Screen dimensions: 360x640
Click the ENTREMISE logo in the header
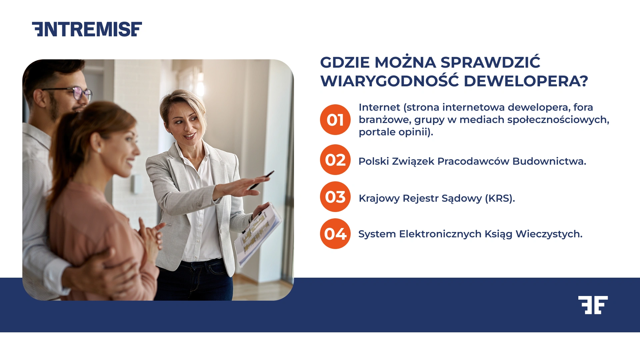(x=87, y=29)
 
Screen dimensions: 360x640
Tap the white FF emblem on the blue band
(x=593, y=305)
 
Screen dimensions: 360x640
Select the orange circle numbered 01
(x=335, y=120)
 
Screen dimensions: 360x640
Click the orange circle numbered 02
(x=335, y=160)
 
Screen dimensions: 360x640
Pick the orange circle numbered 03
(x=335, y=197)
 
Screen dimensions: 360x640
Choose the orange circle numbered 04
(x=335, y=234)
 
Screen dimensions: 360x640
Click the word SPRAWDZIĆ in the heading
(x=490, y=62)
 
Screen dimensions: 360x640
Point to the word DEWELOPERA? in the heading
(x=526, y=81)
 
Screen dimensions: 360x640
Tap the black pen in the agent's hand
(x=262, y=180)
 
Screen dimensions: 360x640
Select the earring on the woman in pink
(x=99, y=151)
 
